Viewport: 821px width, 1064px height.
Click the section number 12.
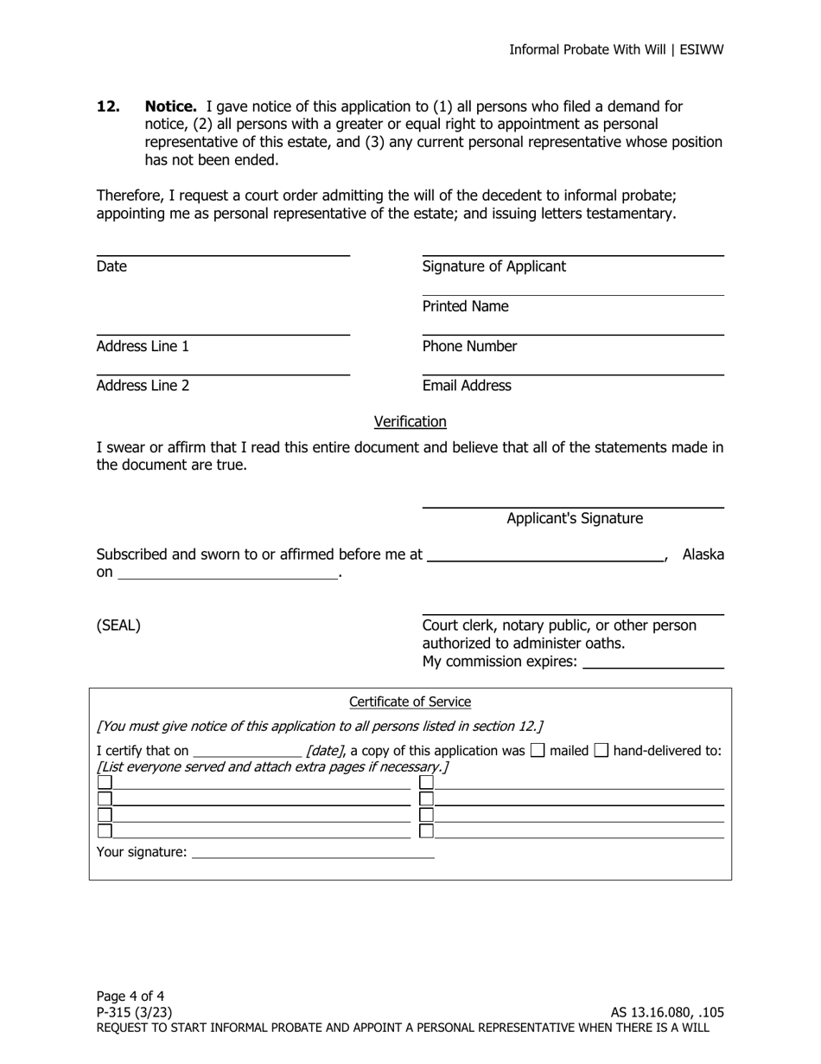108,106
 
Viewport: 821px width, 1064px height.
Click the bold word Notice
170,106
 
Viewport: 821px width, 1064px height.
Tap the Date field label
111,266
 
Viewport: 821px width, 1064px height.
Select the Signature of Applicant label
493,266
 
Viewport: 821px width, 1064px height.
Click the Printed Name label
465,306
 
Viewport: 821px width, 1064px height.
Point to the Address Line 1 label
143,346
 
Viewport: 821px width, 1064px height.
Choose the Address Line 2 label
143,386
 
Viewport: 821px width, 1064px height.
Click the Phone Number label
469,346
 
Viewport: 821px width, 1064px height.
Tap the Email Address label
467,386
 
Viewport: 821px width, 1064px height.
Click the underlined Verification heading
410,421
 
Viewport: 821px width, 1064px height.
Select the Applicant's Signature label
574,518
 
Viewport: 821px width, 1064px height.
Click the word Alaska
703,554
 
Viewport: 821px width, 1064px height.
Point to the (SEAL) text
118,625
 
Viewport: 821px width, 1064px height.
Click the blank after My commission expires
653,662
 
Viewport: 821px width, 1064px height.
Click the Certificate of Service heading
410,702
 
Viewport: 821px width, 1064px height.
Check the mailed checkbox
538,751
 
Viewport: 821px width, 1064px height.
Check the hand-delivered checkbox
601,751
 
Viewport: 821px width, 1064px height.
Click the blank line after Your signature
313,852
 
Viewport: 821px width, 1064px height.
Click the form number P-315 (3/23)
134,1012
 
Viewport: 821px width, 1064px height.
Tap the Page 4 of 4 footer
130,996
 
